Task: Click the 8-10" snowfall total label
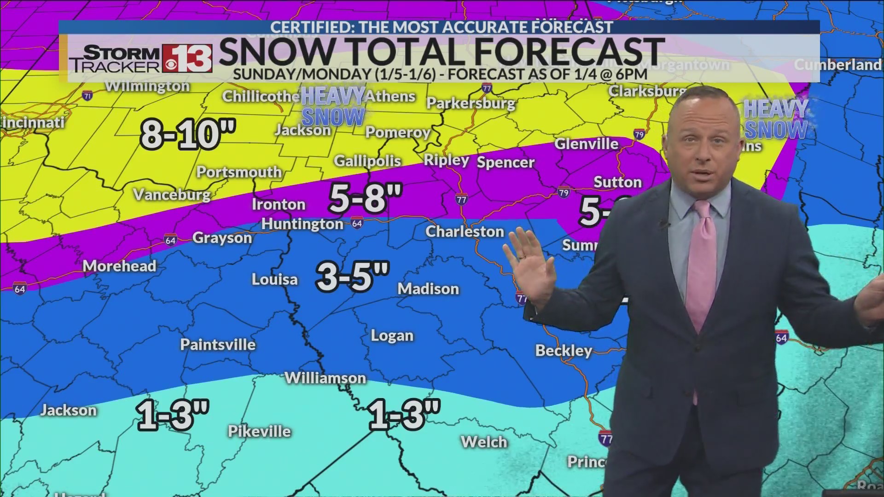coord(188,134)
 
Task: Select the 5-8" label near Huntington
coord(366,198)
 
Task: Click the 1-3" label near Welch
coord(404,414)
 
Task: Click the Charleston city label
coord(465,231)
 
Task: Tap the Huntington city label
coord(302,224)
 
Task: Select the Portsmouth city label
coord(239,172)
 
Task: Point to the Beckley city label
coord(564,351)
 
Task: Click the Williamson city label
coord(325,378)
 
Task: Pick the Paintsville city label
coord(218,344)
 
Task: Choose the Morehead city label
coord(119,266)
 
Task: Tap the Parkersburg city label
coord(471,103)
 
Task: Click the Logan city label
coord(392,335)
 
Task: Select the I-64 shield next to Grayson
coord(170,240)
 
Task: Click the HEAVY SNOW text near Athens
coord(333,106)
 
